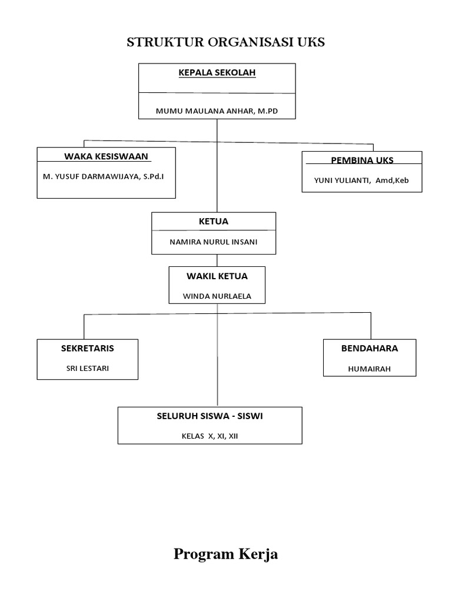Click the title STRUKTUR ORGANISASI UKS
click(x=226, y=43)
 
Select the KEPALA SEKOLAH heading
click(x=217, y=73)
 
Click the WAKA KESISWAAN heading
click(x=107, y=156)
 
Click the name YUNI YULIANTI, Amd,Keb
click(x=362, y=180)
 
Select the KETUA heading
click(x=213, y=222)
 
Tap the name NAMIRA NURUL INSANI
click(x=213, y=242)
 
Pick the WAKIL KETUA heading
click(x=217, y=276)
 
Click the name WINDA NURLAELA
click(x=217, y=296)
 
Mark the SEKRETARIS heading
click(x=88, y=348)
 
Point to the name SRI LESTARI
click(x=88, y=369)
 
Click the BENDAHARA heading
click(x=370, y=348)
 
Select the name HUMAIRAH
click(x=370, y=369)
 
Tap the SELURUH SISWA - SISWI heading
click(x=210, y=416)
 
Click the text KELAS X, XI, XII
click(x=210, y=436)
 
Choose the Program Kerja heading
click(x=226, y=554)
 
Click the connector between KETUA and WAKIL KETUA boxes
click(x=217, y=260)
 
